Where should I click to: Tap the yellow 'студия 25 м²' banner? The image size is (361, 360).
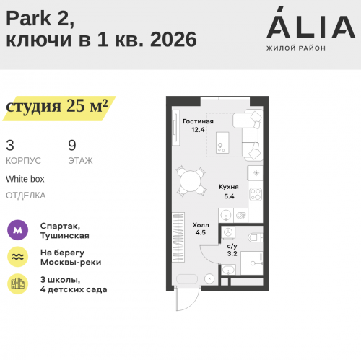[58, 107]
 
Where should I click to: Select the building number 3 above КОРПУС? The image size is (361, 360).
[10, 145]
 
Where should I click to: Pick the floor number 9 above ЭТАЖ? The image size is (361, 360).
[72, 145]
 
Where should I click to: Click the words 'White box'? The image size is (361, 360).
[25, 178]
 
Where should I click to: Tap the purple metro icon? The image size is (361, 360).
[18, 230]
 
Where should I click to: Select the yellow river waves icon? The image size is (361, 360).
[18, 257]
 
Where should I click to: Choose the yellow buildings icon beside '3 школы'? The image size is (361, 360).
[18, 284]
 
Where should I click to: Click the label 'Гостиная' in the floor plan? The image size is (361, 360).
[198, 121]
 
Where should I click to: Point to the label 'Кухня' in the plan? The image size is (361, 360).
[229, 186]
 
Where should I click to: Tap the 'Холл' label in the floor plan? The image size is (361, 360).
[201, 224]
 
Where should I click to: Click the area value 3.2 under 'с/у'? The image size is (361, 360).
[232, 253]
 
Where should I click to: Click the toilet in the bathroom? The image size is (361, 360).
[253, 239]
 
